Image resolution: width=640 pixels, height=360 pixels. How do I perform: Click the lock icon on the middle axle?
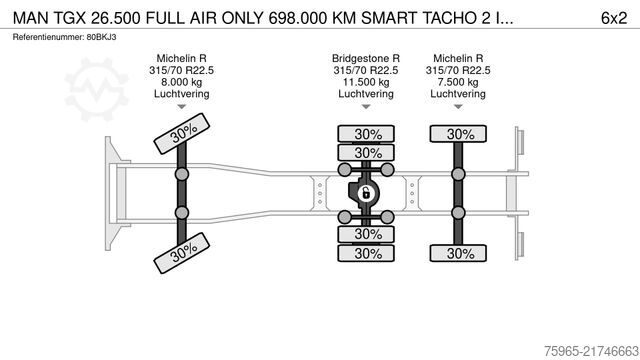coord(366,193)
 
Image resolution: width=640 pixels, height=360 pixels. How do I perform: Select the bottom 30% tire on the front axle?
coord(181,253)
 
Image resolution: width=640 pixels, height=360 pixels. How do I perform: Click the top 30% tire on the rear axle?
coord(460,134)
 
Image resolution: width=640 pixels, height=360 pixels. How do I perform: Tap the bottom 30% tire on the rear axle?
coord(460,253)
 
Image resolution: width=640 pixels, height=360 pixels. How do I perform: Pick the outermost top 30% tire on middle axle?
coord(367,134)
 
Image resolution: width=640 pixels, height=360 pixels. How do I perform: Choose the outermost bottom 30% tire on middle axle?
coord(367,253)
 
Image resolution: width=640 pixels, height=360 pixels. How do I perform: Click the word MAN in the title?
coord(28,17)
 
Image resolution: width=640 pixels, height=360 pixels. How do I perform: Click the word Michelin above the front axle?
coord(174,58)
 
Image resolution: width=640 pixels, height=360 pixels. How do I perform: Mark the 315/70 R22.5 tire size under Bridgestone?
coord(366,70)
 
